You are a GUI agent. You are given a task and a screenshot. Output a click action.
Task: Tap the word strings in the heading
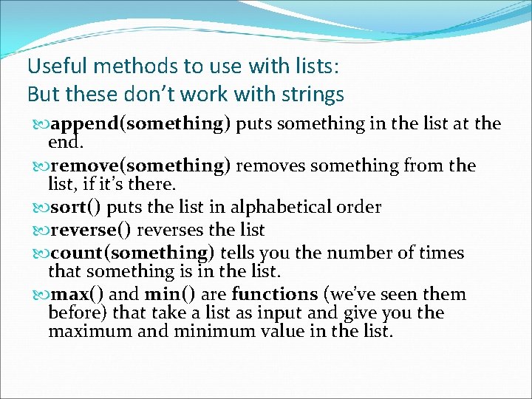pyautogui.click(x=309, y=95)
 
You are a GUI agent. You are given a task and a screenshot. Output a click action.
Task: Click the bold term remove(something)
pyautogui.click(x=139, y=166)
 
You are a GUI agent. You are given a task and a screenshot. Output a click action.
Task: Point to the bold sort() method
pyautogui.click(x=78, y=207)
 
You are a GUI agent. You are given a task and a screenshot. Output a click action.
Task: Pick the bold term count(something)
pyautogui.click(x=131, y=253)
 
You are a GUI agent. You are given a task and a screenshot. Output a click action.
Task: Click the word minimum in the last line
pyautogui.click(x=212, y=331)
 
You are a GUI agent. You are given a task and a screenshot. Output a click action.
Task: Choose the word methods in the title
pyautogui.click(x=137, y=66)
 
